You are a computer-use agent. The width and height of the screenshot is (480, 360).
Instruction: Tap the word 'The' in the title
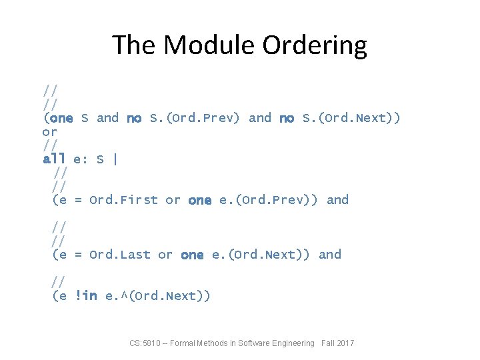(x=135, y=45)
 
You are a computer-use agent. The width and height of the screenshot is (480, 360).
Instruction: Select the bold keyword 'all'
(x=54, y=159)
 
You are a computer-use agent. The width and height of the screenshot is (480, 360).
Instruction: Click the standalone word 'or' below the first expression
(x=49, y=132)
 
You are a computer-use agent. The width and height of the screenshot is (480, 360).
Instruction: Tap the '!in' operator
(x=87, y=295)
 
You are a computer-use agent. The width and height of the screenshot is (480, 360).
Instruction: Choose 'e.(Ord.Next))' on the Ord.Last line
(x=261, y=254)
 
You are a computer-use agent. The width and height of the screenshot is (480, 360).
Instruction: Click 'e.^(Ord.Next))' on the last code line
(x=157, y=295)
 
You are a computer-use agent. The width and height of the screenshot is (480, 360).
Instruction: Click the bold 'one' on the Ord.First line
(x=200, y=200)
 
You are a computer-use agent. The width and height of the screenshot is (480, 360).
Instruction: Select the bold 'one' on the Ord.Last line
(x=192, y=254)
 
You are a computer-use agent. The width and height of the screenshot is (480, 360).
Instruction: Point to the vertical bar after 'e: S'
(x=115, y=159)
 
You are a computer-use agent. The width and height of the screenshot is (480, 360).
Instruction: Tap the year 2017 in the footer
(x=345, y=343)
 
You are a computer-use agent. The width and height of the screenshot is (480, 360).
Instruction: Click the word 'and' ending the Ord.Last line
(x=330, y=254)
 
